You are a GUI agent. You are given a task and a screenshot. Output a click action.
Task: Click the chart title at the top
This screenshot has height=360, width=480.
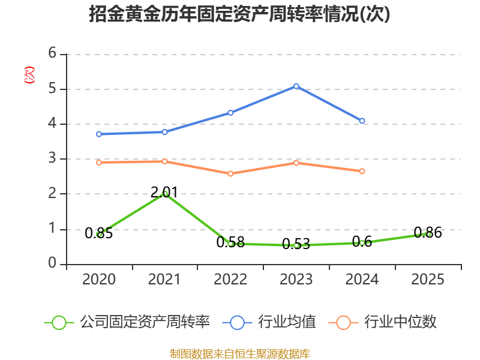tap(239, 14)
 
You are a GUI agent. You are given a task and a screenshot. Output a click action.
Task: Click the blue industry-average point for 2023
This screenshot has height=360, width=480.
tap(296, 86)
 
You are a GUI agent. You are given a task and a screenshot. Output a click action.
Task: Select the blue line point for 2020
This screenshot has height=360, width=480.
tap(99, 134)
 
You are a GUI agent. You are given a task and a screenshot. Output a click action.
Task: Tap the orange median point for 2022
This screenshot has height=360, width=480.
tap(230, 173)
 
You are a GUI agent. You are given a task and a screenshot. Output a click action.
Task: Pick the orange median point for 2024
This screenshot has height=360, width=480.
tap(362, 171)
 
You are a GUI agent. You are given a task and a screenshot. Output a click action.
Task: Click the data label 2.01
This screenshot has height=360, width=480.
tap(164, 193)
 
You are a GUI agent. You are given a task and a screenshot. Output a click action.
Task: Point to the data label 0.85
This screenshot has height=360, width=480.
tap(99, 234)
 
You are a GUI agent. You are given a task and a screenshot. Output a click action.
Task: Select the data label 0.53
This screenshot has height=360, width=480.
tap(296, 244)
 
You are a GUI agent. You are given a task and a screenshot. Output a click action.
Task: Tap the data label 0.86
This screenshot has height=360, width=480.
tap(428, 233)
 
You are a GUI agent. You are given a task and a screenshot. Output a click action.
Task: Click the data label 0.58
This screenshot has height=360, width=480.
tap(230, 242)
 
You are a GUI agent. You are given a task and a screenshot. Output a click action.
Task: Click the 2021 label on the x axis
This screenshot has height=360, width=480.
tap(164, 280)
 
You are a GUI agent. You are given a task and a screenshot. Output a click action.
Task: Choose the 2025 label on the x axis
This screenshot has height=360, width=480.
tap(428, 280)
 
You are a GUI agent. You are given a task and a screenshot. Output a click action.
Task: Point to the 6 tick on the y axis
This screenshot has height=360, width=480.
tap(53, 54)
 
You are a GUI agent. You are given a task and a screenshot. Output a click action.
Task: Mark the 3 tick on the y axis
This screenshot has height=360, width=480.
tap(53, 159)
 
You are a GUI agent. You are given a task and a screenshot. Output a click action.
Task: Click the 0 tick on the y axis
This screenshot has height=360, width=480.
tap(53, 264)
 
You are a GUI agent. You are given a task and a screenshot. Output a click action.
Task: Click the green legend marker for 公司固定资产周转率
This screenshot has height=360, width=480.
tap(59, 322)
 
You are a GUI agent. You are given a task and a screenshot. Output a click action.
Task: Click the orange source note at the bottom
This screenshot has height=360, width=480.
tap(239, 353)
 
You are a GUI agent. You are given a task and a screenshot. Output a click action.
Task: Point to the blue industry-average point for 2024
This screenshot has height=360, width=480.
tap(362, 121)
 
